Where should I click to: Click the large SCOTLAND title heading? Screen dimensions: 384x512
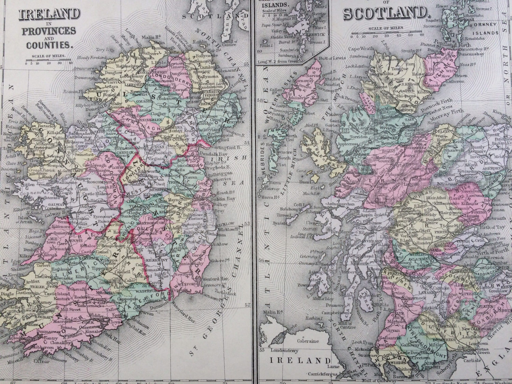coord(385,13)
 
